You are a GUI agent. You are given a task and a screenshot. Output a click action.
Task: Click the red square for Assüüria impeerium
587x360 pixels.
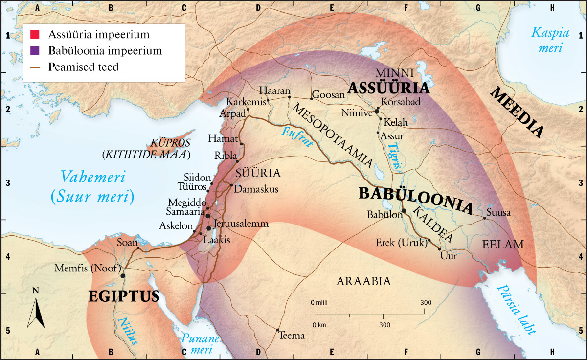[34, 35]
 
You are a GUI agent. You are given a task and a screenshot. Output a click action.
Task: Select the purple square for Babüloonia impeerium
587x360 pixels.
[34, 50]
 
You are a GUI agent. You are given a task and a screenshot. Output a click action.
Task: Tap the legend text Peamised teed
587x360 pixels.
[83, 67]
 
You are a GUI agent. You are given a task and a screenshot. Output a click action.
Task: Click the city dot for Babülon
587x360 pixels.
[404, 211]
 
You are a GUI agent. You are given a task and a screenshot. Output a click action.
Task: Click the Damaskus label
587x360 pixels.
[257, 189]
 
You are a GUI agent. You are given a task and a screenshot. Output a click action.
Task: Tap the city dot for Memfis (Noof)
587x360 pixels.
[123, 275]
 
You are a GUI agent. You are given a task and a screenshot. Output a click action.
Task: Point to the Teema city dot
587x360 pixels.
[278, 330]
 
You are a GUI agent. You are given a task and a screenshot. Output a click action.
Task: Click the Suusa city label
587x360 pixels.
[498, 213]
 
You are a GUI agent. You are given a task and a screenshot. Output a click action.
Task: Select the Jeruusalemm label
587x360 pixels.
[242, 224]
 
